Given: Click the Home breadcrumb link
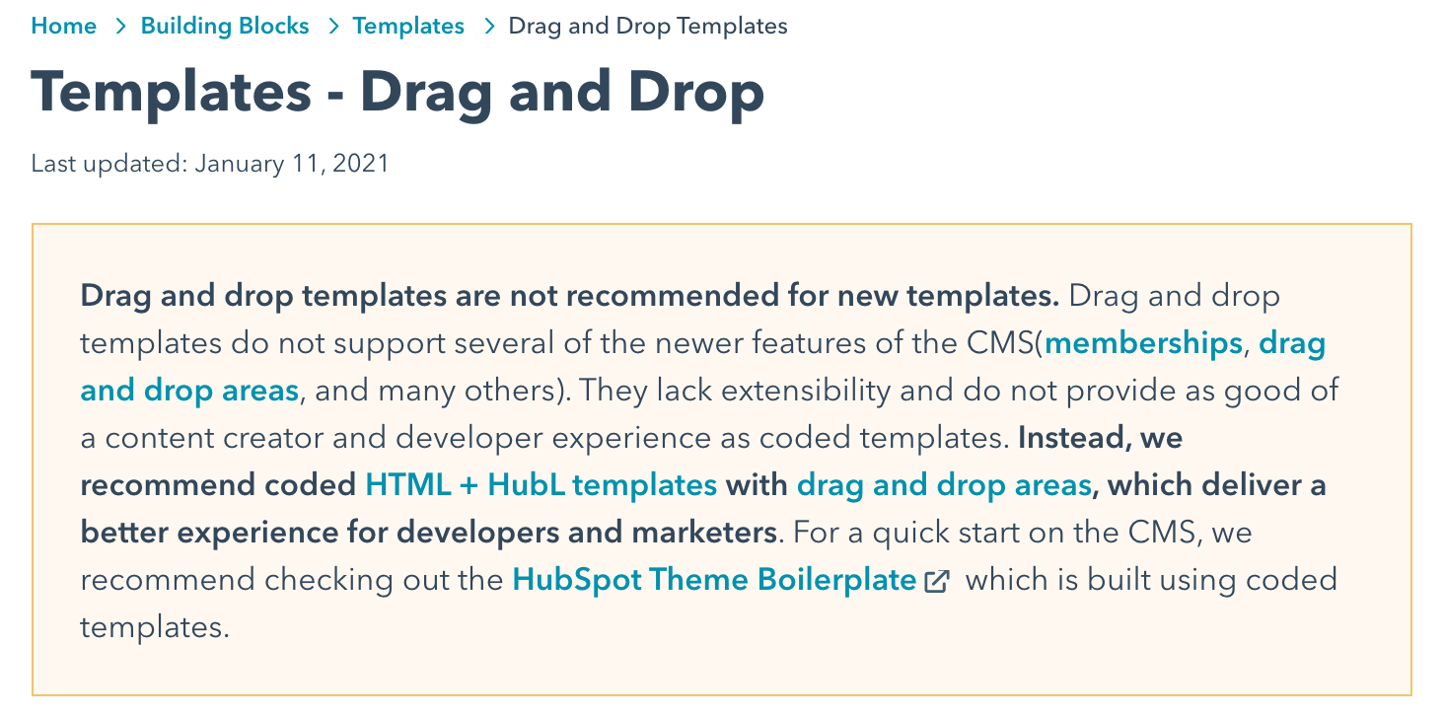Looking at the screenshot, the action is coord(64,26).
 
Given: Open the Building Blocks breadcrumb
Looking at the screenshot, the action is coord(225,26).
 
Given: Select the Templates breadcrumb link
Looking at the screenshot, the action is coord(408,27).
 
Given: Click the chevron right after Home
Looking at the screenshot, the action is coord(120,27).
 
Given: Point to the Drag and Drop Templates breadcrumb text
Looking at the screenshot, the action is coord(648,27).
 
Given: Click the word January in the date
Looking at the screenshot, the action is coord(239,164).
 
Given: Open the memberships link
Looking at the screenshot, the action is coord(1143,343).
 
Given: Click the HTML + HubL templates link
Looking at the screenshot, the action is coord(541,484).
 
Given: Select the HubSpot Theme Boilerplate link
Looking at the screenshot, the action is coord(714,579).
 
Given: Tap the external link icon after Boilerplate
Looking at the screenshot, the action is coord(937,581).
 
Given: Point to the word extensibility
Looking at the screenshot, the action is coord(806,391).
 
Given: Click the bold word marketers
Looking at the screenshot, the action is coord(704,533).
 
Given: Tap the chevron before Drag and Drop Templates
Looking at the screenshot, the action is coord(489,27).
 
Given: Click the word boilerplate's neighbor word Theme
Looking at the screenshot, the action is coord(698,579).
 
